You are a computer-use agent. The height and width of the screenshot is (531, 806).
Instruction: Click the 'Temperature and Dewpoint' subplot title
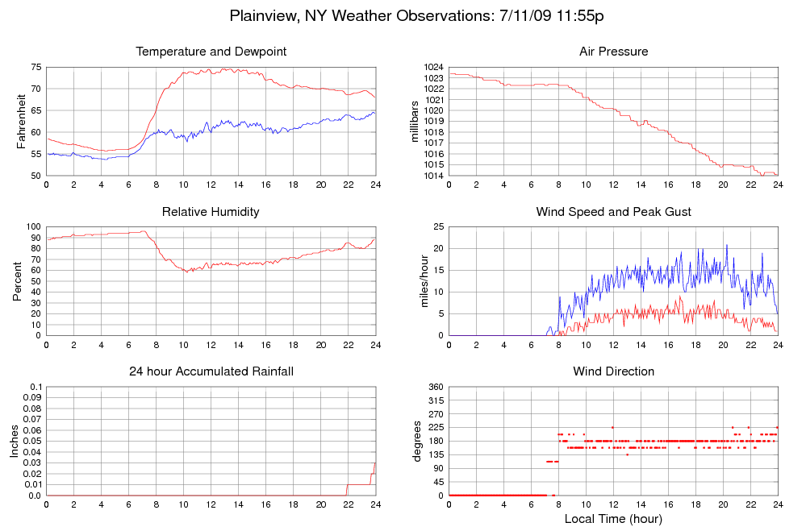pyautogui.click(x=211, y=52)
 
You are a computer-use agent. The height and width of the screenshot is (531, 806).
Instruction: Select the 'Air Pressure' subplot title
pyautogui.click(x=613, y=52)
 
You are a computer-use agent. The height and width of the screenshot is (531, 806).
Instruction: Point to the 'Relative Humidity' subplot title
pyautogui.click(x=211, y=212)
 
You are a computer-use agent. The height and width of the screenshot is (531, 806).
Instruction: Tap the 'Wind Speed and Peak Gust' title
pyautogui.click(x=613, y=212)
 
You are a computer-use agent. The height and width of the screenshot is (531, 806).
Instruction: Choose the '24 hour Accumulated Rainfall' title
pyautogui.click(x=211, y=371)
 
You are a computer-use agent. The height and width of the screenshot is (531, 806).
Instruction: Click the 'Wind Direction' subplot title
pyautogui.click(x=613, y=371)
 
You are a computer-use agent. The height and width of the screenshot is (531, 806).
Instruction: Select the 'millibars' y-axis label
pyautogui.click(x=416, y=121)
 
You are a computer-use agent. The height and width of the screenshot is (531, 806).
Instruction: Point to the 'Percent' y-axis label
pyautogui.click(x=18, y=281)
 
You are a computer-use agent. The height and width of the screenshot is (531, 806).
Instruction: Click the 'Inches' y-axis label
pyautogui.click(x=15, y=442)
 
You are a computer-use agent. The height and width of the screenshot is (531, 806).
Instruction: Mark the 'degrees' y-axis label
pyautogui.click(x=417, y=442)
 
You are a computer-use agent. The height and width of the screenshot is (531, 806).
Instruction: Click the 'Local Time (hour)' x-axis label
pyautogui.click(x=613, y=518)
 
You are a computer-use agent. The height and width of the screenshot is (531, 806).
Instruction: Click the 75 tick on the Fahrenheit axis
pyautogui.click(x=36, y=67)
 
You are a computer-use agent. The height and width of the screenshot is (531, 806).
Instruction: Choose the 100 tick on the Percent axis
pyautogui.click(x=33, y=227)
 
